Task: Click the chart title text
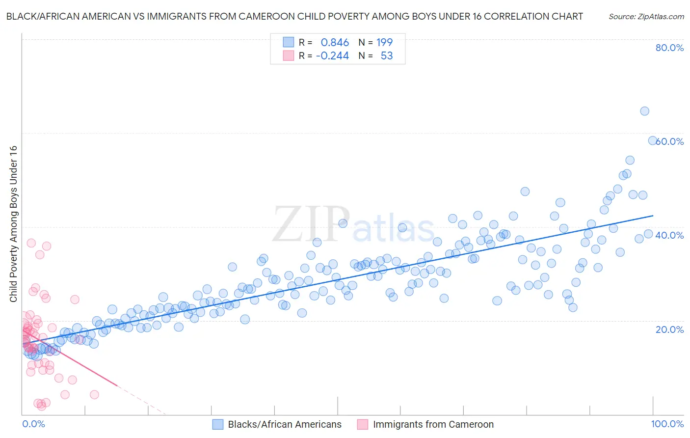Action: point(294,16)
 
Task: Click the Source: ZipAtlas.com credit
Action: point(646,16)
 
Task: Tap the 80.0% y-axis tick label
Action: point(669,48)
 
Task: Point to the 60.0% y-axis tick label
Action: point(670,141)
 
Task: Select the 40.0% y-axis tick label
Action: point(669,235)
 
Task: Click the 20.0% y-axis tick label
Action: point(669,329)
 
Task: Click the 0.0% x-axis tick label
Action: point(33,424)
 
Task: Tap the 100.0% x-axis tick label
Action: point(667,424)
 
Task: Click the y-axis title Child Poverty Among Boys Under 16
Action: point(13,224)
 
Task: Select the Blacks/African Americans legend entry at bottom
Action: point(285,424)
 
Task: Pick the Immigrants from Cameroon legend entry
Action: point(433,424)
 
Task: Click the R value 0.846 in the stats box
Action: point(335,43)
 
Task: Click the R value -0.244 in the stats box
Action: point(332,56)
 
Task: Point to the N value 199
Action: point(384,43)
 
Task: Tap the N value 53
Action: point(387,56)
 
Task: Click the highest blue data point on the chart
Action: point(644,111)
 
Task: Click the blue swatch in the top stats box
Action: point(288,42)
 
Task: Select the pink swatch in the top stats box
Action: point(288,55)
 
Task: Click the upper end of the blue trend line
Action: point(653,216)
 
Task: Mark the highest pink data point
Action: point(31,243)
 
